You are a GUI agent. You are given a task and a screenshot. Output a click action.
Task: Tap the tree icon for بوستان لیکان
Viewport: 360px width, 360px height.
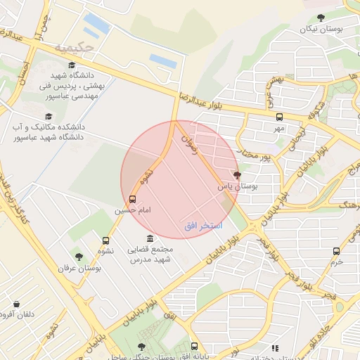[321, 18]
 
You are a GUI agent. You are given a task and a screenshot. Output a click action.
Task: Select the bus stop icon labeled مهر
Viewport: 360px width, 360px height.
[279, 117]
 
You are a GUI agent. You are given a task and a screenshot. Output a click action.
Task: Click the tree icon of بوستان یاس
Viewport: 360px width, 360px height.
[236, 175]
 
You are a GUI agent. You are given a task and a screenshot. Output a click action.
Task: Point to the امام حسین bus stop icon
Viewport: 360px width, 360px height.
[133, 199]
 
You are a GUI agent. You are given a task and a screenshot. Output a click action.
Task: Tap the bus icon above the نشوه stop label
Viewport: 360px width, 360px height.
[105, 240]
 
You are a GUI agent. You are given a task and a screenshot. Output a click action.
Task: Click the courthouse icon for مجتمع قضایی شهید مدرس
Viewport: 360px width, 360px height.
[149, 239]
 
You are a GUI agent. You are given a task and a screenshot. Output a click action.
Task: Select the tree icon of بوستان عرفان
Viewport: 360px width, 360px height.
[79, 257]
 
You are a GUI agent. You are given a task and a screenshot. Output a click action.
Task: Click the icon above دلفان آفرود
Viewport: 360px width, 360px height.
[16, 304]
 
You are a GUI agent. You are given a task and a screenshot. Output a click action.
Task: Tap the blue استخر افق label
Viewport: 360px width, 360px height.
[203, 225]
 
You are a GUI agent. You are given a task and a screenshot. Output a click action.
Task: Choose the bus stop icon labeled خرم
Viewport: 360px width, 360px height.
[337, 250]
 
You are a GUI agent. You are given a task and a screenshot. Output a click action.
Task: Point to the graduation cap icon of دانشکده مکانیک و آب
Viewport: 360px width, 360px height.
[49, 116]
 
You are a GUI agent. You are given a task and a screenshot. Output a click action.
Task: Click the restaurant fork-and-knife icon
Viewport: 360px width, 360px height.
[275, 347]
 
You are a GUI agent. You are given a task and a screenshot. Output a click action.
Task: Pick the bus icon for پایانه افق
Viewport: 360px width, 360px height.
[195, 346]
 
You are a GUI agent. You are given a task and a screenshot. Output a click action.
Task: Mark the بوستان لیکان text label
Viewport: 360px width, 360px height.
[321, 29]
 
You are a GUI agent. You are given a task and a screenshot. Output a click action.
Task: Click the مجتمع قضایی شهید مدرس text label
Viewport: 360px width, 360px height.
[149, 255]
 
